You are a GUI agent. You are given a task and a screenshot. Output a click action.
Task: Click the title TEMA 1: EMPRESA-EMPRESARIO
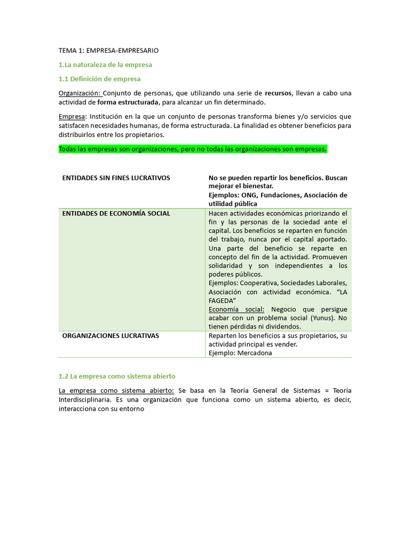[108, 50]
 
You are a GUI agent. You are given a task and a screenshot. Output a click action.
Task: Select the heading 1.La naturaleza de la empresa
[105, 65]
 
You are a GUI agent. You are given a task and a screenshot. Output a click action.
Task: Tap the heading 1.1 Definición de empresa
[99, 79]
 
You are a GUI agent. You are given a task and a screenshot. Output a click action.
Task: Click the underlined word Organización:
[80, 93]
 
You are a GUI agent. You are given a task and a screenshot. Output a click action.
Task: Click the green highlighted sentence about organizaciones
[193, 149]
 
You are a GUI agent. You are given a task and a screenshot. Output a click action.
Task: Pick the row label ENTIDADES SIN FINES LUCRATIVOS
[116, 178]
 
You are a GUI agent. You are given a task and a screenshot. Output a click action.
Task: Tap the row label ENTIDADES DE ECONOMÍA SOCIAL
[116, 213]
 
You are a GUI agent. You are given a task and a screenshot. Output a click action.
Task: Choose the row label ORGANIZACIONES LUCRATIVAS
[111, 335]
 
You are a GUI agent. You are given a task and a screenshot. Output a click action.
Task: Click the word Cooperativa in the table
[261, 283]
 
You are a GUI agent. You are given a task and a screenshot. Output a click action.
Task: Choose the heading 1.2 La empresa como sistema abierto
[117, 376]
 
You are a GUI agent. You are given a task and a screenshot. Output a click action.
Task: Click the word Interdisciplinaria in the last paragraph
[84, 399]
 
